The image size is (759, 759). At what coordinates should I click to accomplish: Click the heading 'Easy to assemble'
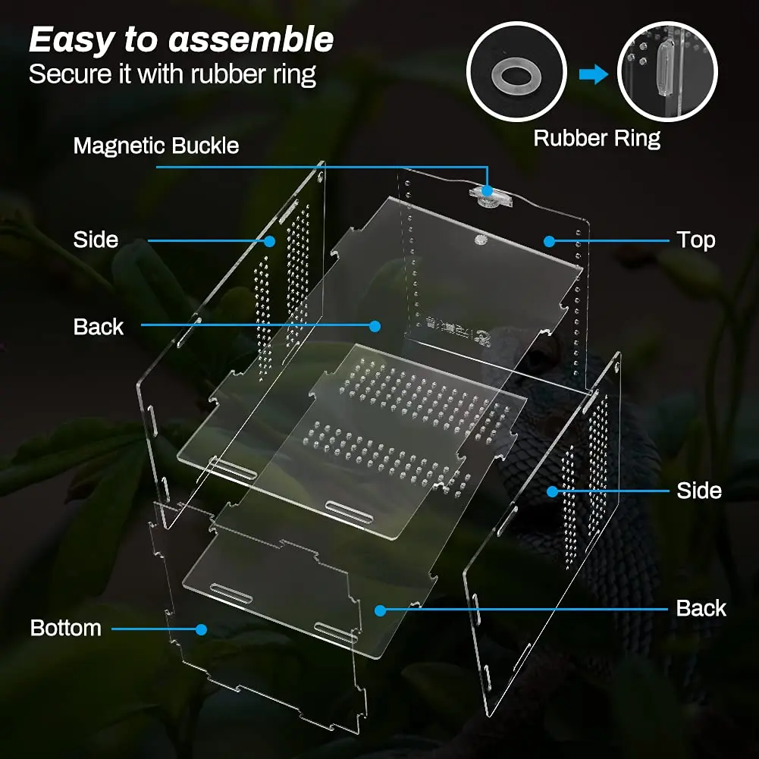point(181,39)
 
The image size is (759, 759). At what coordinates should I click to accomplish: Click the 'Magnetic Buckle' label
point(156,146)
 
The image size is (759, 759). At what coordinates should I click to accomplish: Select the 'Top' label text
point(696,240)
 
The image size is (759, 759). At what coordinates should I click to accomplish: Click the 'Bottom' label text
point(66,629)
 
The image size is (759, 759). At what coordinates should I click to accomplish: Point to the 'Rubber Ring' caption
point(597,139)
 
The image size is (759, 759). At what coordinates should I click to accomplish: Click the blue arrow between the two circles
point(593,74)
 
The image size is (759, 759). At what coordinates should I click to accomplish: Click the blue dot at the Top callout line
point(548,241)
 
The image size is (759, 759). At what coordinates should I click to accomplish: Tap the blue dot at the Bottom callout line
point(201,629)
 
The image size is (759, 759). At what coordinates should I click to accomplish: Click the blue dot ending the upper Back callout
point(374,326)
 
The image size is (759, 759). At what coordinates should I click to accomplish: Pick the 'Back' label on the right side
point(701,609)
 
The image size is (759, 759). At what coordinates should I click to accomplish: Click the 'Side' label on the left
point(96,240)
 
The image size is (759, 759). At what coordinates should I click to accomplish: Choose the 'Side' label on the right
point(698,491)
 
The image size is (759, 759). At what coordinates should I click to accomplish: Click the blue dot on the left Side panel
point(269,241)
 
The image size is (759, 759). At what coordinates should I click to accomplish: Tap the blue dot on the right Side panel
point(552,491)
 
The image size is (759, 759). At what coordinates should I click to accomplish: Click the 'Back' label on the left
point(99,327)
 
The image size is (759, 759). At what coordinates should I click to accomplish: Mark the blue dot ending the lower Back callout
point(380,609)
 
